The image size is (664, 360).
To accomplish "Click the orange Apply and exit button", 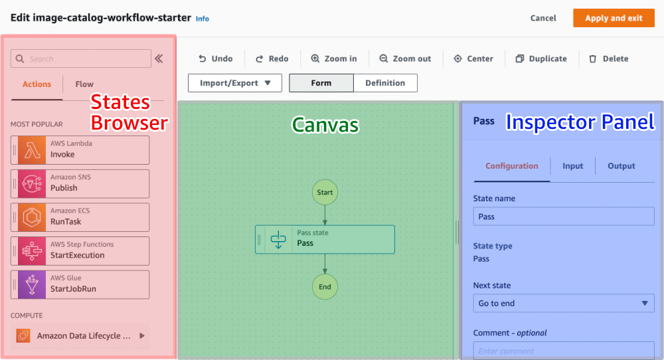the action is point(614,18).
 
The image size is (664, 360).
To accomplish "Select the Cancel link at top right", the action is point(543,18).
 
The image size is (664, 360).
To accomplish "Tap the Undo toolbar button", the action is point(215,58).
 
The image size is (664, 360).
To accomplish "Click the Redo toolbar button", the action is point(272,58).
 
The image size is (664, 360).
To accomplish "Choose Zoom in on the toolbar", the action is point(334,58).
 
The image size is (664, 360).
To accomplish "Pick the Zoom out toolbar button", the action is point(405,58).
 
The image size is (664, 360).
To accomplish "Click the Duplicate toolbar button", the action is point(541,58).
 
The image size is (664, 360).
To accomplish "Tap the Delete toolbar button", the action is point(608,58).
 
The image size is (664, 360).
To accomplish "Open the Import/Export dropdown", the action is point(235,83).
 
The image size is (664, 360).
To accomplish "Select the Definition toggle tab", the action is point(385,83).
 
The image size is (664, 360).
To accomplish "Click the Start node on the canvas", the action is point(325,192).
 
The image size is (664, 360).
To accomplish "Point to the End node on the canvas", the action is point(325,287).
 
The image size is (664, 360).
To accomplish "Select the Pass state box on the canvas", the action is point(325,239).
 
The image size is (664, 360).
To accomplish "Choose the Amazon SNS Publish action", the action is point(80,183).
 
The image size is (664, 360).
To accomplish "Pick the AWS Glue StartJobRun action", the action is point(80,284).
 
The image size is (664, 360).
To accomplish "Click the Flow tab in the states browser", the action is point(84,84).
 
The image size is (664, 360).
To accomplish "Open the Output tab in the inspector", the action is point(622,166).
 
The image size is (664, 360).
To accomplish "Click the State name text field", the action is point(564,217).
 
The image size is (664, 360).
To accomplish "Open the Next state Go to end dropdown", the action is point(564,304).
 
